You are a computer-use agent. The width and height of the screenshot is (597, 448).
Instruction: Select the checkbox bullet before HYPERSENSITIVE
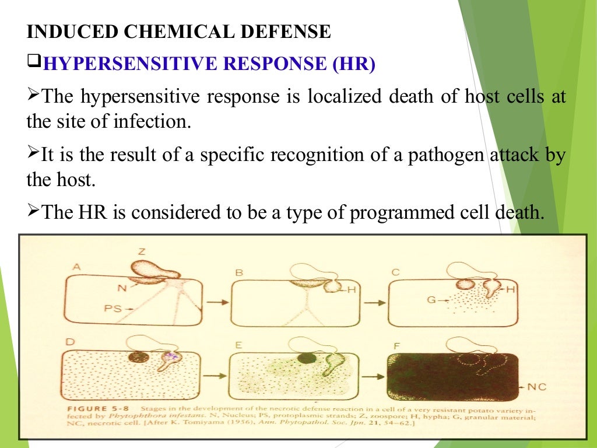(x=33, y=61)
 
